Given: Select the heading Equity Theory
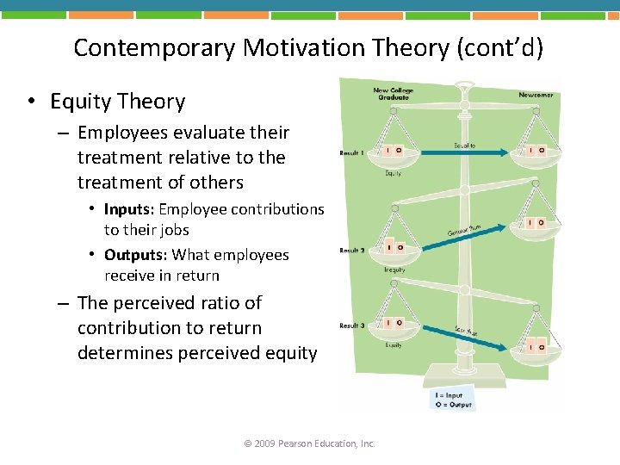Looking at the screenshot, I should click(x=118, y=102).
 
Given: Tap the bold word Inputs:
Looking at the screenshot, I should click(x=130, y=209).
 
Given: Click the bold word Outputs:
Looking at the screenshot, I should click(x=136, y=255).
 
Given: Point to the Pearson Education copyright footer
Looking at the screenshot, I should click(x=310, y=443).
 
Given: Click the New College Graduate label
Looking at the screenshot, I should click(x=393, y=93).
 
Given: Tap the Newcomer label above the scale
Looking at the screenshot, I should click(x=536, y=95).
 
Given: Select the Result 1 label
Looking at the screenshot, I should click(x=351, y=152).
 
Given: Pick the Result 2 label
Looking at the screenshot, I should click(x=351, y=251).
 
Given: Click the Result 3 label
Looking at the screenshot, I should click(x=351, y=325).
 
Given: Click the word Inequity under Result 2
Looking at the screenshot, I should click(x=394, y=270).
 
